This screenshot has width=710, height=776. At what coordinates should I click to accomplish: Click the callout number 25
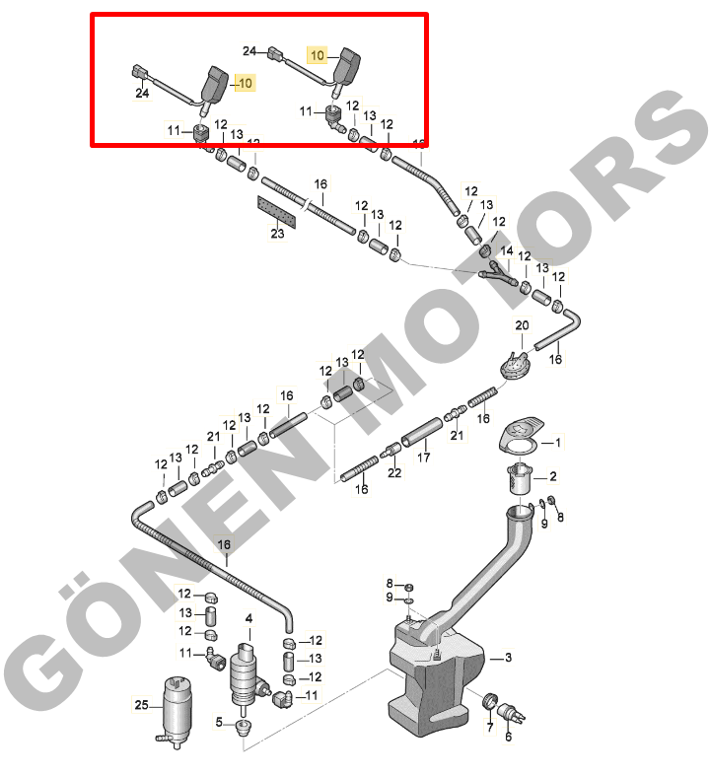click(141, 704)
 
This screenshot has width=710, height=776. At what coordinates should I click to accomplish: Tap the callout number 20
click(522, 325)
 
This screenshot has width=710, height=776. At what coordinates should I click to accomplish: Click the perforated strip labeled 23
click(277, 212)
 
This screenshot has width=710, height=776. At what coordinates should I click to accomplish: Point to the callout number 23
click(277, 233)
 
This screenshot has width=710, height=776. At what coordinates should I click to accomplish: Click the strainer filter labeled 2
click(519, 477)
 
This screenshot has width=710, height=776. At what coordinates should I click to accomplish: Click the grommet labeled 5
click(244, 728)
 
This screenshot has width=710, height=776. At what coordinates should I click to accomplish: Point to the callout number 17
click(423, 458)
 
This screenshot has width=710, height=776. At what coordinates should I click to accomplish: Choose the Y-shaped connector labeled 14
click(497, 275)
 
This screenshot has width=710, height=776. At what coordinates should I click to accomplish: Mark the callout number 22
click(394, 472)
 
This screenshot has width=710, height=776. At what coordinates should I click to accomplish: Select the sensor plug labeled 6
click(512, 714)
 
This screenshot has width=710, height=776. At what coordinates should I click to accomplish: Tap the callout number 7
click(490, 727)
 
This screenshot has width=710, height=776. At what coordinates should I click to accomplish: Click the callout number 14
click(507, 250)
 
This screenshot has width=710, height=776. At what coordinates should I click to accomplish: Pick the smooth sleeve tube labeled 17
click(421, 433)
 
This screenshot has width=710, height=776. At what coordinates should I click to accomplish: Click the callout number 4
click(248, 618)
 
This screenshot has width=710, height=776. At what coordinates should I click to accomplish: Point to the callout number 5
click(219, 722)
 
